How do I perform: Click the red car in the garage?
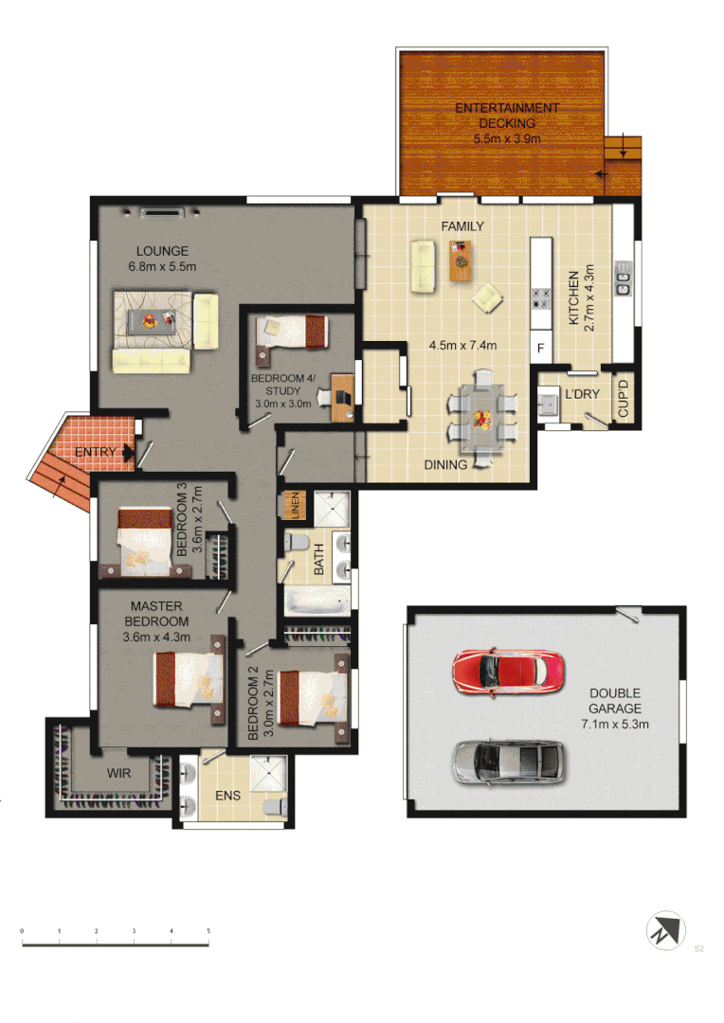coord(508,671)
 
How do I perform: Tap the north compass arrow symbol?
coord(666,929)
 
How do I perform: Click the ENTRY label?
coord(95,452)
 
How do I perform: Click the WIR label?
coord(118,774)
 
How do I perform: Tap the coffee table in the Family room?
coord(461,260)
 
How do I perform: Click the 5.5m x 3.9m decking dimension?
coord(507,138)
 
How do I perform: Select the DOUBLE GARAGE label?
coord(615,701)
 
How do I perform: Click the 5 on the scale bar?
coord(208,932)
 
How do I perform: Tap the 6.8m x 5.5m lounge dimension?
coord(162,266)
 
